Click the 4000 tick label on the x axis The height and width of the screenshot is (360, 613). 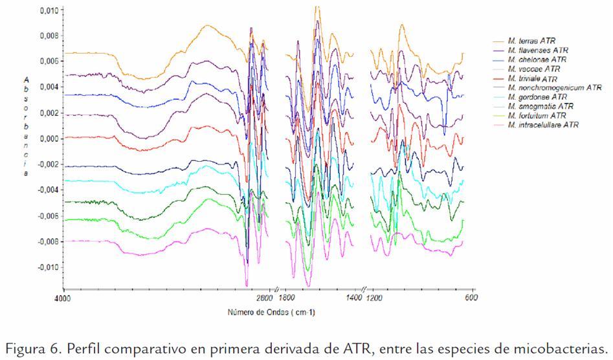click(63, 298)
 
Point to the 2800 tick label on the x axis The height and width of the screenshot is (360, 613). click(265, 298)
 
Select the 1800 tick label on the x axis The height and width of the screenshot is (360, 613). click(287, 298)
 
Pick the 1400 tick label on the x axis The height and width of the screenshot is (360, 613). click(353, 298)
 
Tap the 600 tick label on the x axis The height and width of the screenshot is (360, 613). click(472, 298)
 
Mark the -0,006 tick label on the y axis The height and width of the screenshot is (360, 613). click(47, 216)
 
